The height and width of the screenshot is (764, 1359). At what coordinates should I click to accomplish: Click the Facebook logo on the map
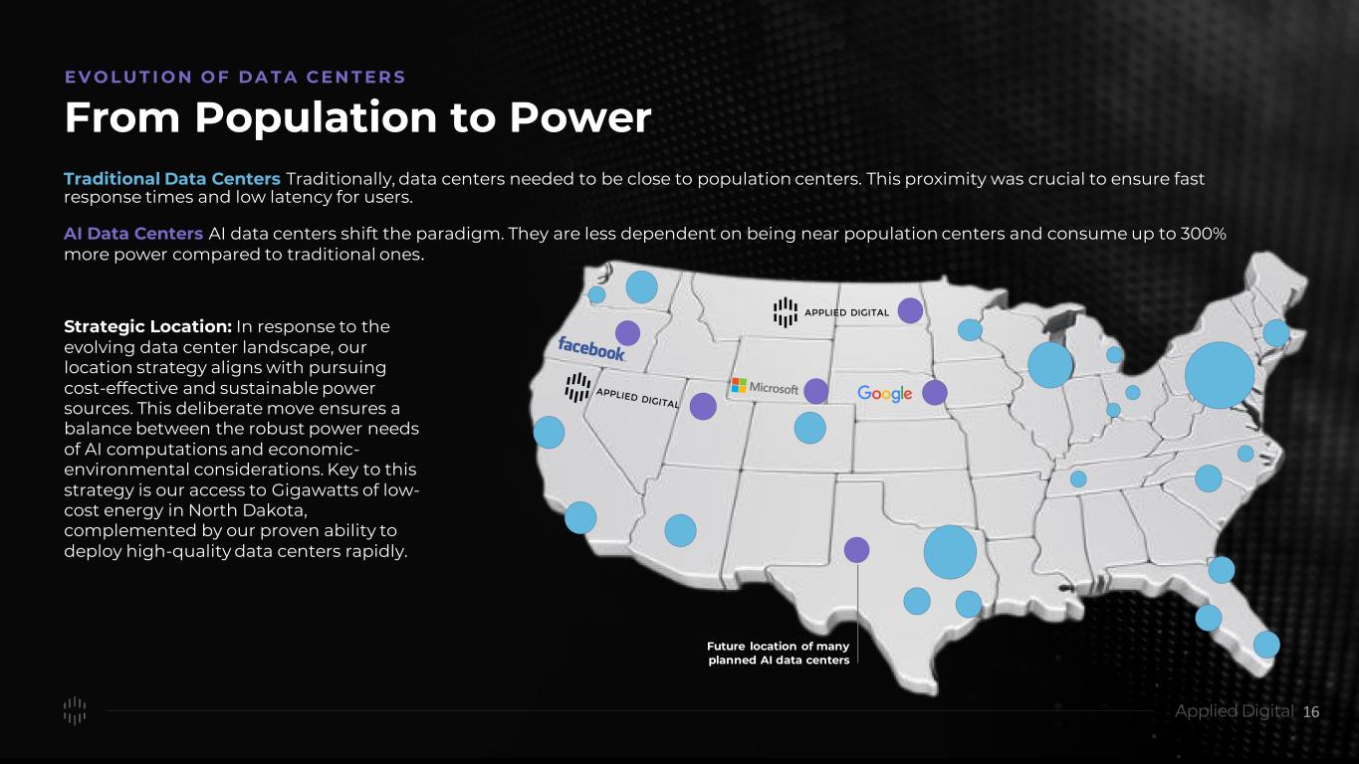click(x=591, y=348)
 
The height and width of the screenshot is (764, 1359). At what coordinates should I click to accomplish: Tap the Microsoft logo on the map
click(x=765, y=386)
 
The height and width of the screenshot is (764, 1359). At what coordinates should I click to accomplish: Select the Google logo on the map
click(x=884, y=394)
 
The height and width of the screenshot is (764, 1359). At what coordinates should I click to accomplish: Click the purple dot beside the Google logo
click(x=934, y=392)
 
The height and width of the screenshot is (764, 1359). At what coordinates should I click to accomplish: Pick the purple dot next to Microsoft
click(x=816, y=391)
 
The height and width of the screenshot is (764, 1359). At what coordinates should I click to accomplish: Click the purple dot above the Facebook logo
click(x=627, y=333)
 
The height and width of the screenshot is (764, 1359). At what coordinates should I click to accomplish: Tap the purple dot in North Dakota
click(x=910, y=310)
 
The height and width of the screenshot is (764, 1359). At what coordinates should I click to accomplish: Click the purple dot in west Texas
click(x=856, y=550)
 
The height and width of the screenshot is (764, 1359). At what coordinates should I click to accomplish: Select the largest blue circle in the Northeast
click(x=1220, y=375)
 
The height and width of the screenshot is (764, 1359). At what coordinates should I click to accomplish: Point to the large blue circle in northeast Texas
click(x=950, y=552)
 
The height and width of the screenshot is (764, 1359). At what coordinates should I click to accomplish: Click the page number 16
click(x=1311, y=712)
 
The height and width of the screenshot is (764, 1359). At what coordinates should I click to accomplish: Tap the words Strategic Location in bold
click(x=147, y=326)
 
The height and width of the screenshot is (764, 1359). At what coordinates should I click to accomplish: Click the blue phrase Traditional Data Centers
click(x=171, y=179)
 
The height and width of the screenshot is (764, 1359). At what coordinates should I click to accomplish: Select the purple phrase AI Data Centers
click(x=133, y=234)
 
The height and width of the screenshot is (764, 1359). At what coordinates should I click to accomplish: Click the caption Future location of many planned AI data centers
click(x=779, y=653)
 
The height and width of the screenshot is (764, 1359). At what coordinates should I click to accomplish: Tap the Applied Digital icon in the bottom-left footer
click(x=75, y=710)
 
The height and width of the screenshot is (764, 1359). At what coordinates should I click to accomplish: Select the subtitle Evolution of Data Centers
click(x=235, y=77)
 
